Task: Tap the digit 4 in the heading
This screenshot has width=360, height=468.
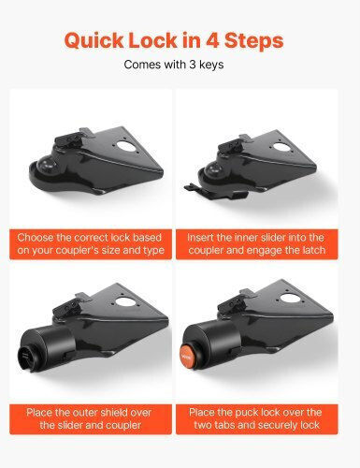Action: tap(212, 40)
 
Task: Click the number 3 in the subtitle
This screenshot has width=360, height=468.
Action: tap(193, 65)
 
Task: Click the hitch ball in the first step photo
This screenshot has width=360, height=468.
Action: tap(46, 164)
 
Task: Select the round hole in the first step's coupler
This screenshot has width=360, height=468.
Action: tap(124, 146)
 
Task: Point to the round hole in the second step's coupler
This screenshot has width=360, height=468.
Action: tap(281, 146)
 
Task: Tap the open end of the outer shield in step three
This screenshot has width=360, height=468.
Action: tap(26, 358)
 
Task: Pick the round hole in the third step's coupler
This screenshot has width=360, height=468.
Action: tap(124, 301)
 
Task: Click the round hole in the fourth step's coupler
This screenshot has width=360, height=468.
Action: tap(291, 299)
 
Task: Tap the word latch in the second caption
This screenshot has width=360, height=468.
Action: tap(314, 250)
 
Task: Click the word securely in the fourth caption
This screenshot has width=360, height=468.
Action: tap(281, 425)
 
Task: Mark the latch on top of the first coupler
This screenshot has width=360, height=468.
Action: tap(69, 139)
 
